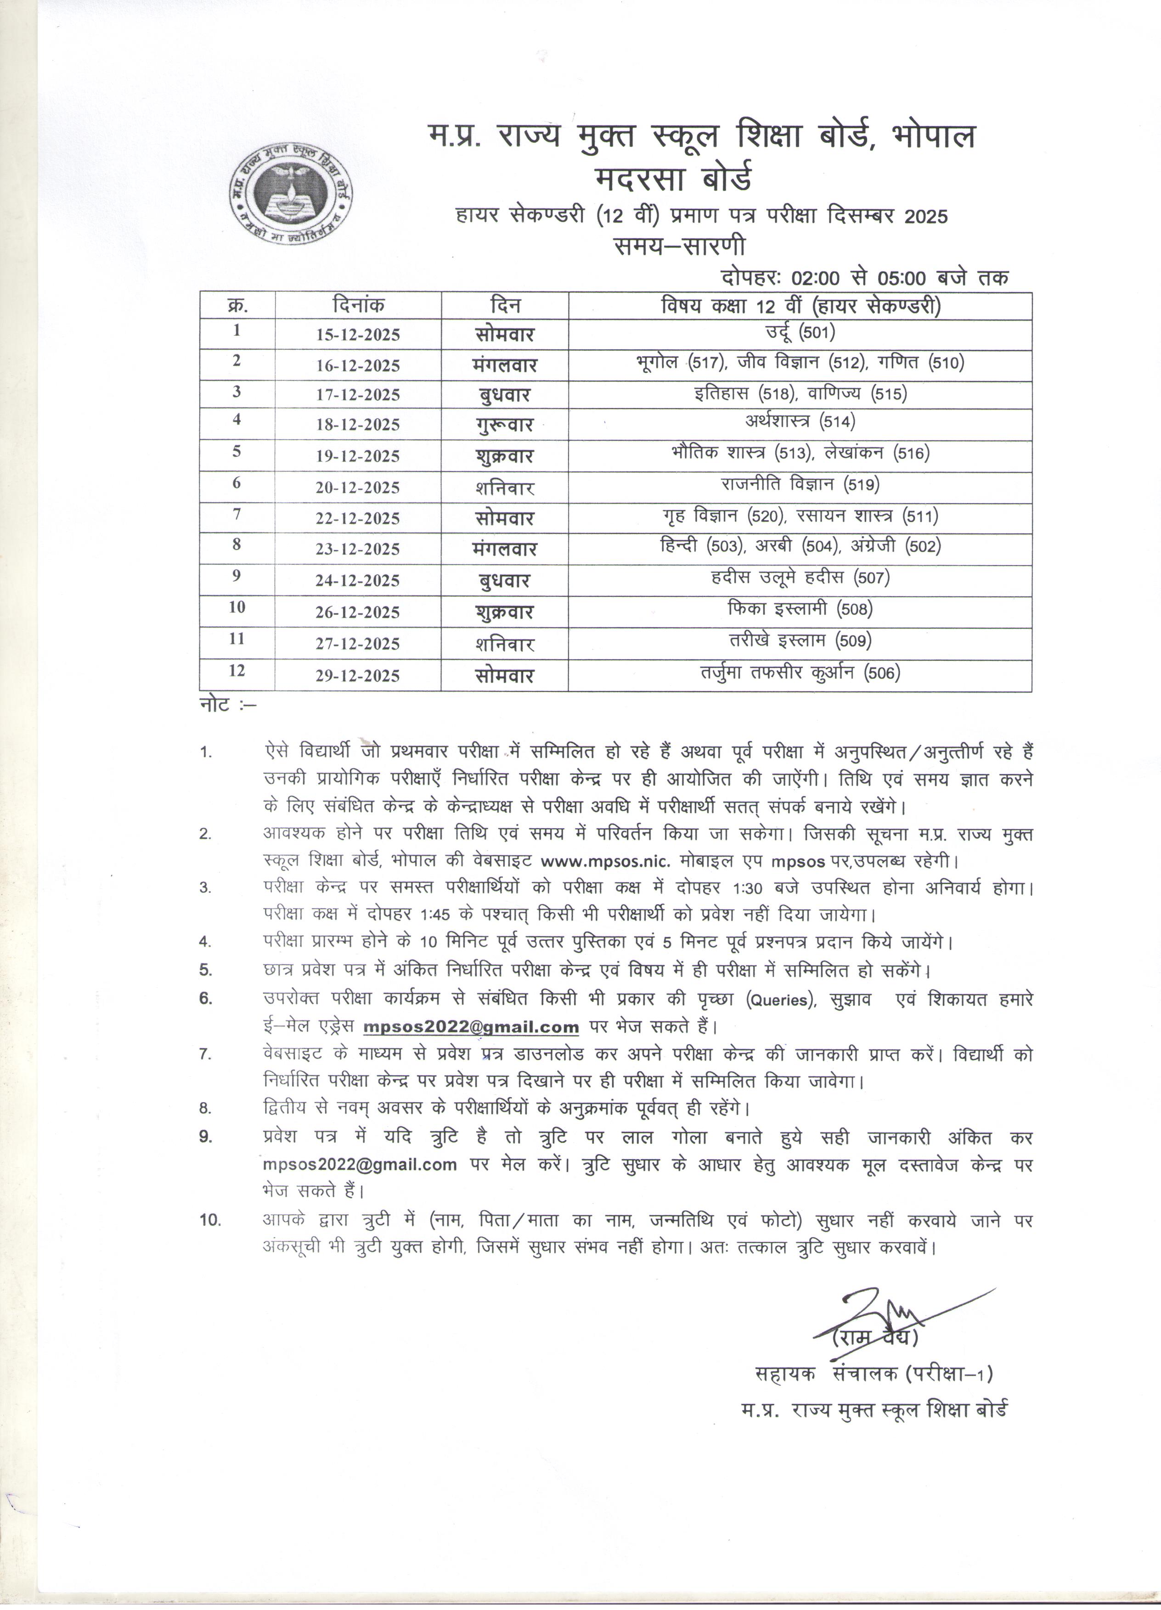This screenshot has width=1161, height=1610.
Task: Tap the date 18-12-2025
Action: tap(358, 425)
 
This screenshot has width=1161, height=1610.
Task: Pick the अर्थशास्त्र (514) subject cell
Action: tap(800, 421)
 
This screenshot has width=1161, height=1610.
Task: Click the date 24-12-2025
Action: tap(358, 581)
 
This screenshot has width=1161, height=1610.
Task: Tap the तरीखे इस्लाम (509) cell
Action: tap(800, 640)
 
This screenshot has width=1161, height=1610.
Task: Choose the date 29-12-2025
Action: tap(358, 676)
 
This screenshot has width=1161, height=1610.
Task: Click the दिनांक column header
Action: tap(358, 306)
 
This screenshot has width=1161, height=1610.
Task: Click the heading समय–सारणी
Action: tap(680, 246)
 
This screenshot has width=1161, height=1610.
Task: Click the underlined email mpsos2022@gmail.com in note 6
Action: tap(471, 1027)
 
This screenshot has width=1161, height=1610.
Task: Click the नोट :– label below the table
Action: tap(227, 707)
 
